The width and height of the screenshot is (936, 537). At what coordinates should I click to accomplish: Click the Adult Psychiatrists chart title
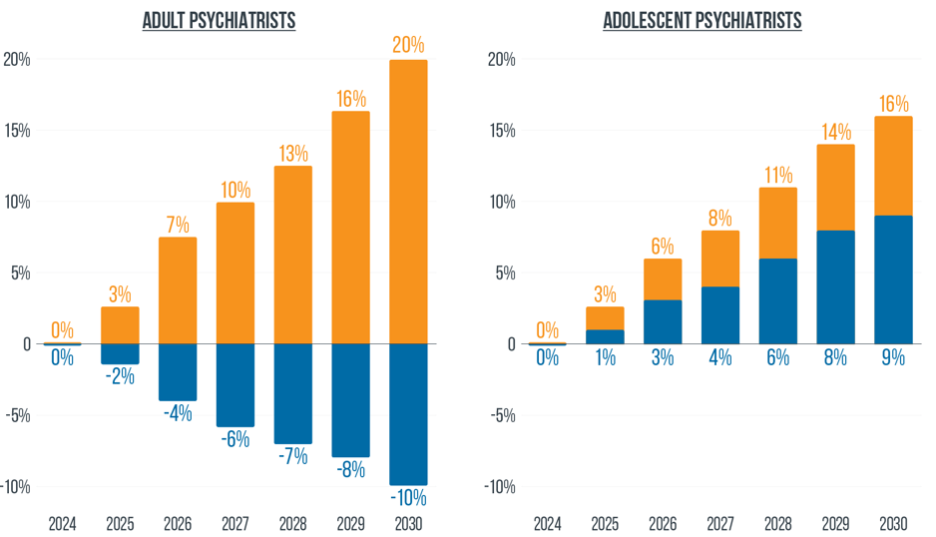point(220,21)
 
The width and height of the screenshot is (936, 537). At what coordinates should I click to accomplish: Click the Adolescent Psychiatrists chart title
point(702,21)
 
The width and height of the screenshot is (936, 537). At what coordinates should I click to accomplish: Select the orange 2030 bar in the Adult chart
point(408,200)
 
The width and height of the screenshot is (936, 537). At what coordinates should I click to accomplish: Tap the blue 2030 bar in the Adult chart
point(408,413)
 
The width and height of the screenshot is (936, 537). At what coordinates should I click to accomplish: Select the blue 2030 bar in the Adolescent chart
point(893,278)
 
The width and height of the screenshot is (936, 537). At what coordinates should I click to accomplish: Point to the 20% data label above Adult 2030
point(408,45)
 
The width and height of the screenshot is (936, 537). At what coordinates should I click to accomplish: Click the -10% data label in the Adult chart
point(408,497)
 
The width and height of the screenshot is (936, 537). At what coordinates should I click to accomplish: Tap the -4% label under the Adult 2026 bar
point(178,412)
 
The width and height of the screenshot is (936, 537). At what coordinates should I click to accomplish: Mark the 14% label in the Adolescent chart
point(835,132)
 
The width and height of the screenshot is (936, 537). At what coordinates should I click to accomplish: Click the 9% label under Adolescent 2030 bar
point(893,356)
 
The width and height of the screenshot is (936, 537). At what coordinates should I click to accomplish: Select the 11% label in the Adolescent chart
point(777,175)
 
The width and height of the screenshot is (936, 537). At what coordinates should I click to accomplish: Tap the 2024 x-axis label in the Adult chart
point(62,523)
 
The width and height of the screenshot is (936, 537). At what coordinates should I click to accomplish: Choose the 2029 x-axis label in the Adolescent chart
point(835,523)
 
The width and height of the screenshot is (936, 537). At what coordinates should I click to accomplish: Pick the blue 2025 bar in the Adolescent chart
point(605,336)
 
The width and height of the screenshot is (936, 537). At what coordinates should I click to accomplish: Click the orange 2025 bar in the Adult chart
point(120,324)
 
